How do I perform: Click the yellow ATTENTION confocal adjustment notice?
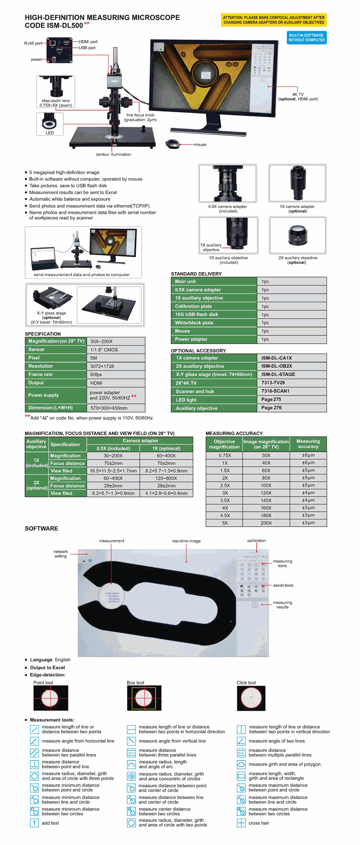[274, 20]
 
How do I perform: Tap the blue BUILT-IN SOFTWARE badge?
[306, 38]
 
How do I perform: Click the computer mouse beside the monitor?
[173, 144]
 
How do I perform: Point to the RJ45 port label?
[33, 43]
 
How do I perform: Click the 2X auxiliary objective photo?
[297, 235]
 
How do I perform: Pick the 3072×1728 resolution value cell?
[116, 366]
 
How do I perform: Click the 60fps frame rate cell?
[116, 375]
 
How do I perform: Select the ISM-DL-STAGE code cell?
[292, 374]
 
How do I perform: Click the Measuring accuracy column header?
[308, 444]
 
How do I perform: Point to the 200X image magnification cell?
[266, 523]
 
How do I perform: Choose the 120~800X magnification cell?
[166, 478]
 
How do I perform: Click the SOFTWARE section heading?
[41, 528]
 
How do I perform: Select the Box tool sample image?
[144, 698]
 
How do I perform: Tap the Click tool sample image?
[251, 698]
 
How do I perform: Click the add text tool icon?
[34, 823]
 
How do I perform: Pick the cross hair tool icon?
[241, 823]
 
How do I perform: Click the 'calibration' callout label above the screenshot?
[256, 541]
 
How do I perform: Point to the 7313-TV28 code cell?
[292, 383]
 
